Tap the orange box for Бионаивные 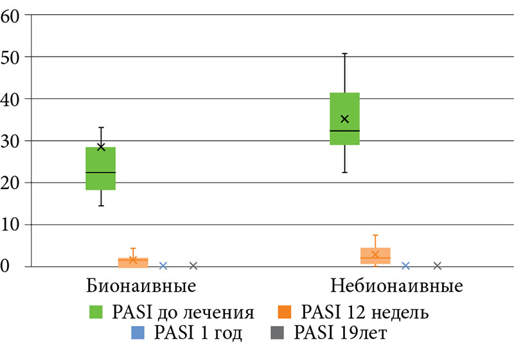coord(133,262)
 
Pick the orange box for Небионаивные coord(375,256)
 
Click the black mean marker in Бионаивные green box coord(101,147)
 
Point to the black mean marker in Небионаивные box coord(344,119)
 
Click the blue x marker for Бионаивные coord(163,265)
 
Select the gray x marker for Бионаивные coord(193,265)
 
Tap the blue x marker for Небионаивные coord(405,265)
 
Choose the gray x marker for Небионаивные coord(438,265)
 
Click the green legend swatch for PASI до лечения coord(96,313)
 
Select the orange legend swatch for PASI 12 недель coord(286,313)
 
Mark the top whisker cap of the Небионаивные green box coord(344,53)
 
